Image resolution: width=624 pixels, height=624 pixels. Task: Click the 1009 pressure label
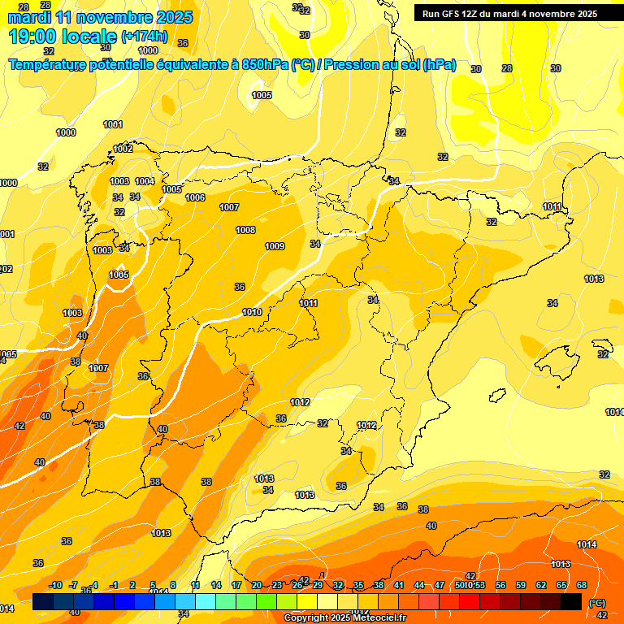pyautogui.click(x=275, y=246)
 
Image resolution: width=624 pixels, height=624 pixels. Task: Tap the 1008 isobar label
pyautogui.click(x=245, y=230)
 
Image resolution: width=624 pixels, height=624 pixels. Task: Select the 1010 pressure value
pyautogui.click(x=252, y=312)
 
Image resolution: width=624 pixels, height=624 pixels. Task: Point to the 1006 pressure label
pyautogui.click(x=195, y=197)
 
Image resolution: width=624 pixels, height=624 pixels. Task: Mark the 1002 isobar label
pyautogui.click(x=123, y=149)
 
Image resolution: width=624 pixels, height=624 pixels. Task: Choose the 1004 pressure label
pyautogui.click(x=145, y=181)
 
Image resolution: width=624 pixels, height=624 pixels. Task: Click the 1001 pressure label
pyautogui.click(x=113, y=124)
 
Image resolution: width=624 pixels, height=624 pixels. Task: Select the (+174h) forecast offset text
pyautogui.click(x=144, y=37)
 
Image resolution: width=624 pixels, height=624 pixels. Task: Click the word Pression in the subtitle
pyautogui.click(x=350, y=65)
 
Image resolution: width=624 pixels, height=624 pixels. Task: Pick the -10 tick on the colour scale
pyautogui.click(x=55, y=586)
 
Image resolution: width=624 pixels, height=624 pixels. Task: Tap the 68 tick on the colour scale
pyautogui.click(x=582, y=586)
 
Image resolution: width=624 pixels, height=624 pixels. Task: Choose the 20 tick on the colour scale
pyautogui.click(x=257, y=586)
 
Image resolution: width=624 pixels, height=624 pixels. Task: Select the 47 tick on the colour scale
pyautogui.click(x=440, y=586)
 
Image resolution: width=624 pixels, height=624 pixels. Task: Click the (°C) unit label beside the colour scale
pyautogui.click(x=596, y=603)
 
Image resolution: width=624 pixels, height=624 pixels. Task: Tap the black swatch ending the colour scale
pyautogui.click(x=571, y=602)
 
